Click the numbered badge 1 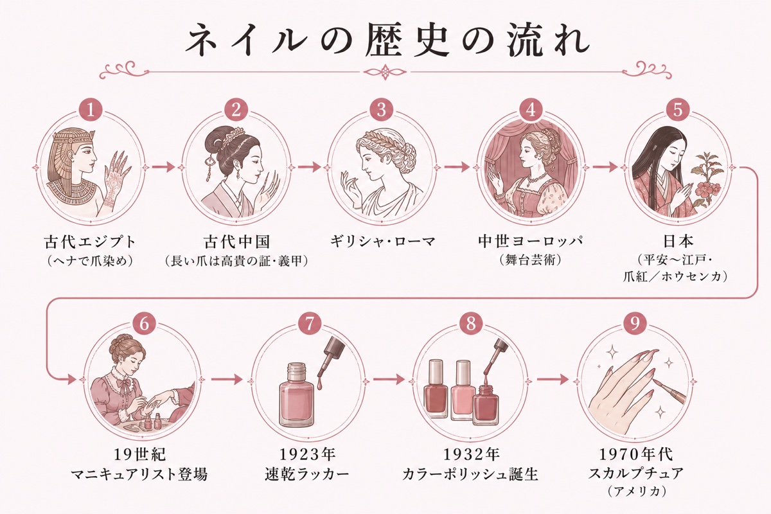[91, 111]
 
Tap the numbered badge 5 [678, 111]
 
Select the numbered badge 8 [471, 324]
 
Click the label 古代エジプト [90, 242]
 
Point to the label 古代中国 [236, 242]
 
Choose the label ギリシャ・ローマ [383, 242]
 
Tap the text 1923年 [307, 454]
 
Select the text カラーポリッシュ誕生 [470, 474]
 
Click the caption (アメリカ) [635, 492]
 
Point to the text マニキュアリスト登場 [139, 474]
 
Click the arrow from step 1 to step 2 [163, 167]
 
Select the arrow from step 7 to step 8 [389, 380]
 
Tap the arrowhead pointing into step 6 [71, 380]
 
